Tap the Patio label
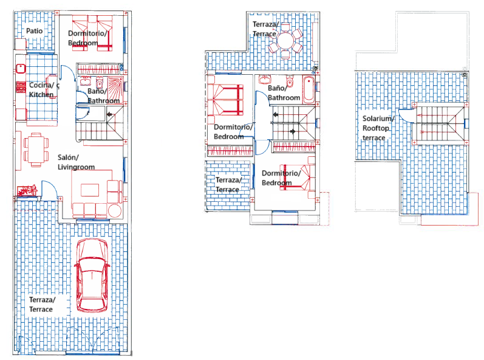(x=34, y=30)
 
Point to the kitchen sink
(x=19, y=69)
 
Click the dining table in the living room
(x=36, y=149)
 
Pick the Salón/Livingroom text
(x=77, y=161)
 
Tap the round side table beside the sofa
(x=115, y=210)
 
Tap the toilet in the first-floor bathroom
(x=290, y=81)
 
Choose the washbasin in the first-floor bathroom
(x=265, y=80)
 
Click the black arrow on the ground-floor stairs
(x=107, y=114)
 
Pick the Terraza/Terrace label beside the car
(x=41, y=305)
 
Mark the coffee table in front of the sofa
(x=89, y=189)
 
